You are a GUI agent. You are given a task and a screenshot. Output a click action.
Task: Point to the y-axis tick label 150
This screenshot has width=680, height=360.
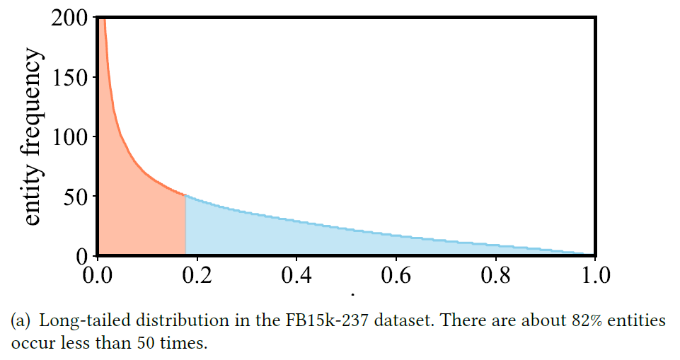[69, 77]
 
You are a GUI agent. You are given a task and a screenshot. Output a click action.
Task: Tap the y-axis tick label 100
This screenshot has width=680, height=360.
[69, 137]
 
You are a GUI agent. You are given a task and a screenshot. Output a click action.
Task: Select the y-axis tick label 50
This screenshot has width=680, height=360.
[76, 196]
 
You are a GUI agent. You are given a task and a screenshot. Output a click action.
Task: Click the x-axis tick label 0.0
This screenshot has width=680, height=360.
[98, 273]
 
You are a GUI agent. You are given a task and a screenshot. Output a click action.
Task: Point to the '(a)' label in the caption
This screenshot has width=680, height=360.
[20, 320]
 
